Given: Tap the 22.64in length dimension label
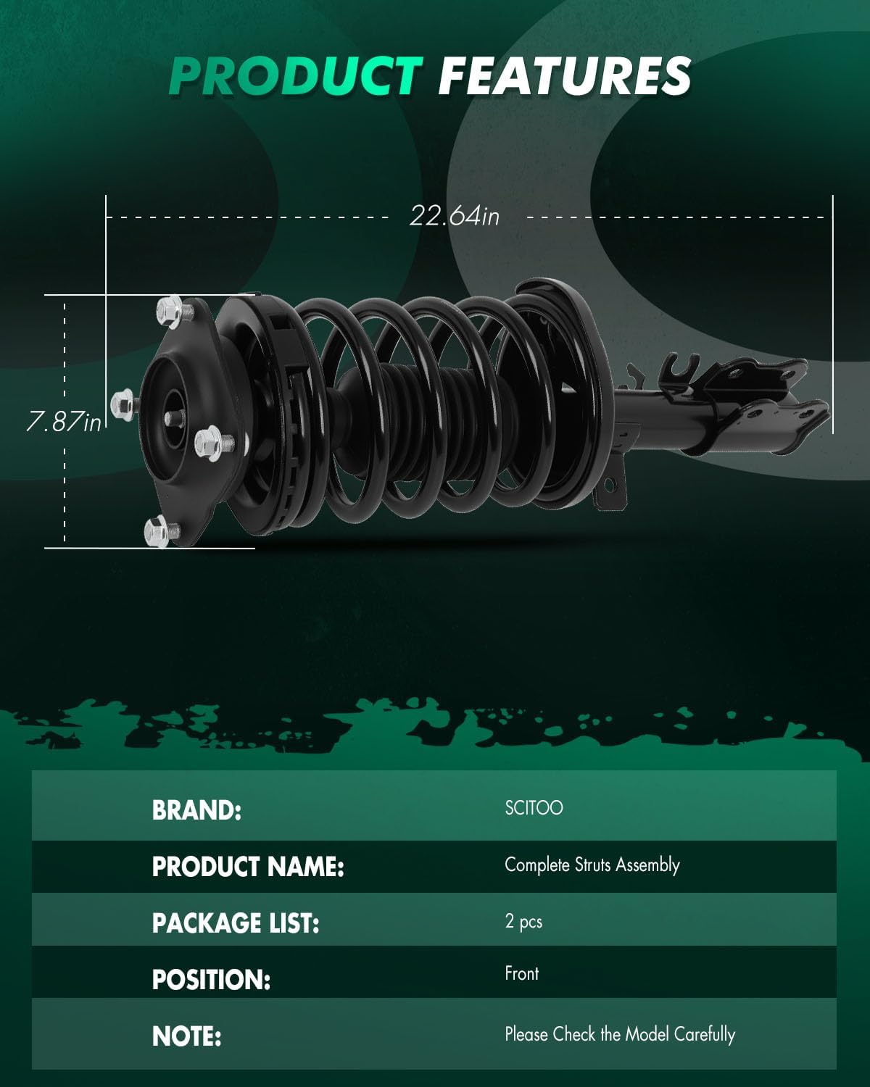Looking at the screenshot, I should click(x=455, y=215).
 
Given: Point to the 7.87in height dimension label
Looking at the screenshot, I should click(x=64, y=421).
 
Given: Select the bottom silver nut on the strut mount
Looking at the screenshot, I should click(x=158, y=532).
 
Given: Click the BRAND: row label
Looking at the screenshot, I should click(x=196, y=810).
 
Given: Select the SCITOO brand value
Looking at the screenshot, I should click(x=534, y=808).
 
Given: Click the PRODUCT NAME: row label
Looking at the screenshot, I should click(x=248, y=867).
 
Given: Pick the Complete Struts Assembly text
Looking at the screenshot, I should click(x=592, y=865).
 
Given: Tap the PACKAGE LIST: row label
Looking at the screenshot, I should click(x=236, y=923).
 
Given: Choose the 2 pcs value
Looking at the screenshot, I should click(x=523, y=921).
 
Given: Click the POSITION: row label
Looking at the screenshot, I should click(x=211, y=980).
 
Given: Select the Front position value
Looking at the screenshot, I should click(x=521, y=973).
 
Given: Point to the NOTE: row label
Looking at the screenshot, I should click(x=186, y=1036).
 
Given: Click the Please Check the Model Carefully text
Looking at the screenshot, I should click(x=619, y=1034).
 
